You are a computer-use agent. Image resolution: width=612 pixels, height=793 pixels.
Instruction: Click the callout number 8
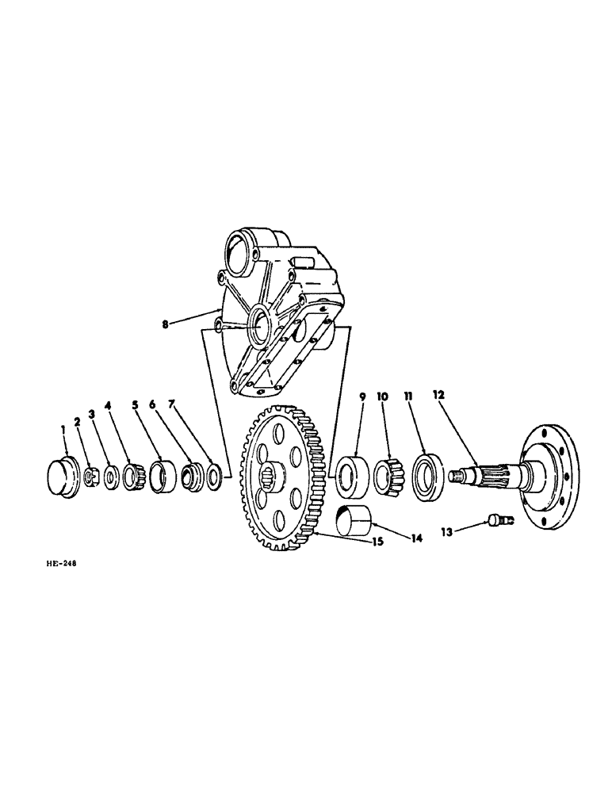(165, 324)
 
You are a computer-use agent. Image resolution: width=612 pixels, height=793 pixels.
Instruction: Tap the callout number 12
(440, 394)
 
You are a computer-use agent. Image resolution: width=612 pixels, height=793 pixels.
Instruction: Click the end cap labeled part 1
(60, 477)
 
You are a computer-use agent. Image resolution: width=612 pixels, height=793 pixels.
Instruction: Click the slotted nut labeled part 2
(90, 476)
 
